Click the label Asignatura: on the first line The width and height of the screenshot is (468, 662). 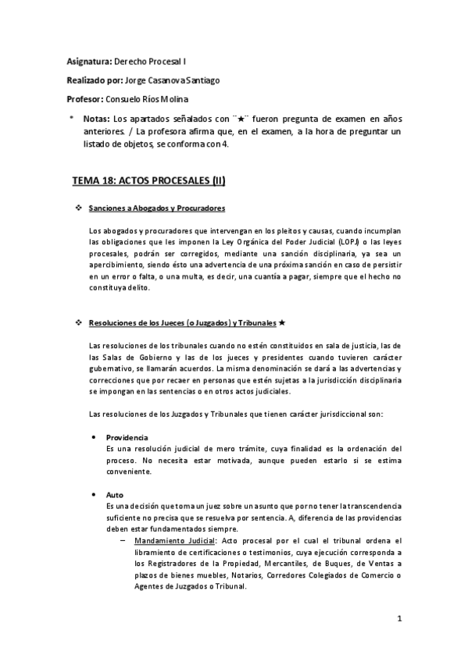(x=88, y=60)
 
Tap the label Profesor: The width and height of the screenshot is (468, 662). (x=85, y=99)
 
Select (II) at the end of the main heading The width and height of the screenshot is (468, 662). (x=212, y=180)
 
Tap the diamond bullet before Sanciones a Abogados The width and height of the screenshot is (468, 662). (x=77, y=208)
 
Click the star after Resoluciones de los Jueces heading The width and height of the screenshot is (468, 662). (x=281, y=323)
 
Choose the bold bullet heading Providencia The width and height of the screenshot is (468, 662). (x=127, y=436)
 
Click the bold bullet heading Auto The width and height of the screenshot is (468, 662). (x=114, y=495)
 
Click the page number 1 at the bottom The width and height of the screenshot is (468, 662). (x=398, y=621)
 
